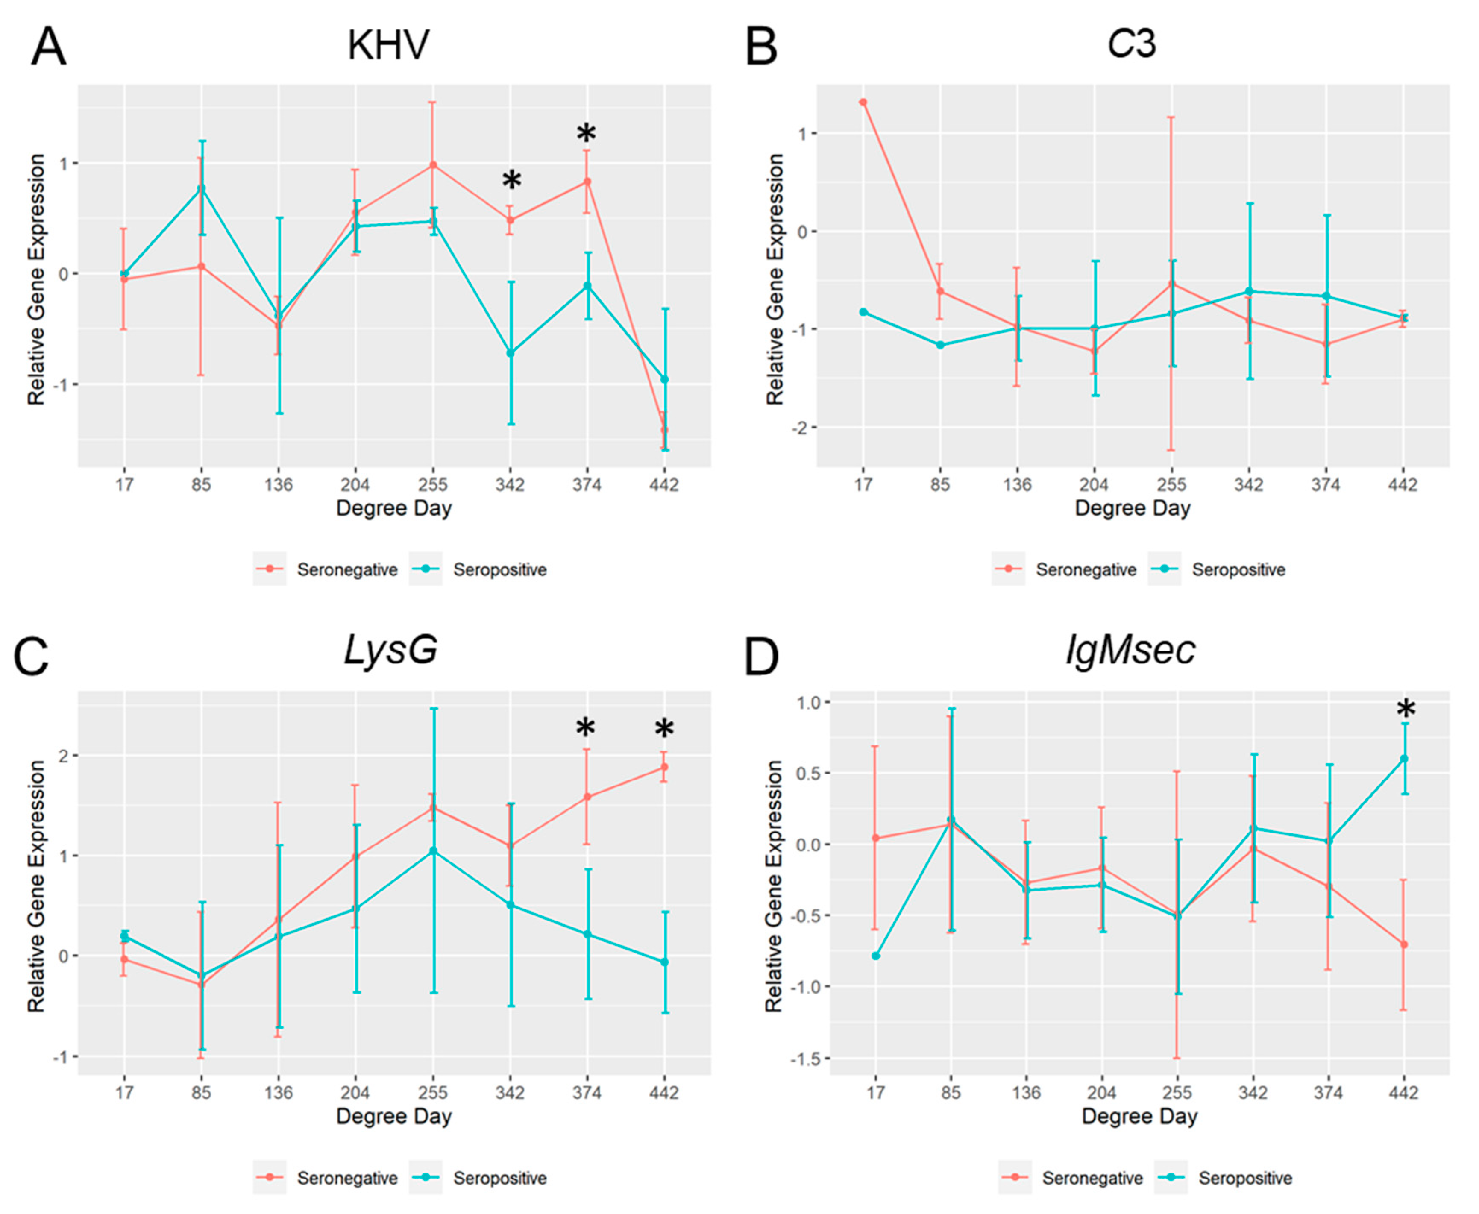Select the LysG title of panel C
coord(390,650)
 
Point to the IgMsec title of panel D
coord(1130,650)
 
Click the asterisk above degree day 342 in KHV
coord(511,180)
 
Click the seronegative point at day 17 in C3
coord(863,102)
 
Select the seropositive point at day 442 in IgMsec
coord(1403,759)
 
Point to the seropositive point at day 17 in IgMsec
coord(875,956)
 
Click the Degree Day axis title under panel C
coord(394,1115)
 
